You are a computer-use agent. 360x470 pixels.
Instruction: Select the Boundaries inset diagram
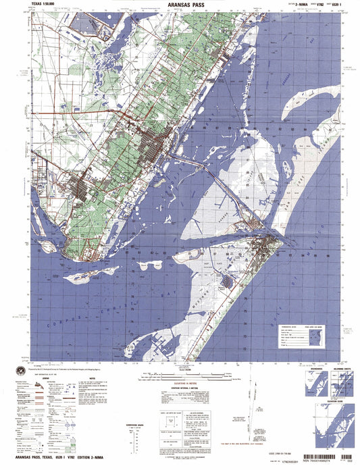click(x=308, y=386)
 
